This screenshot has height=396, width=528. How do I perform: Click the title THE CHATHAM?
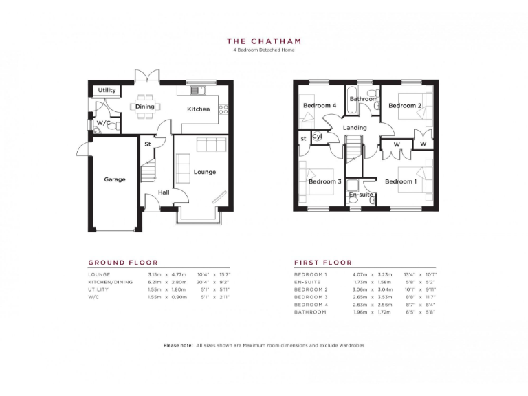click(x=264, y=41)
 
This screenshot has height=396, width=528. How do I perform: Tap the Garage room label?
click(x=115, y=179)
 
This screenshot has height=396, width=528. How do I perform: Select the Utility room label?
click(x=107, y=90)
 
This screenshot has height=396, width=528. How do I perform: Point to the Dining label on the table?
click(x=144, y=107)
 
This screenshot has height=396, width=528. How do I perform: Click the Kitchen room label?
click(x=199, y=109)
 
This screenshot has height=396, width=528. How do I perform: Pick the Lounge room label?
click(x=204, y=172)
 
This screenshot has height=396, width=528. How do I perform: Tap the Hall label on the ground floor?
click(x=164, y=192)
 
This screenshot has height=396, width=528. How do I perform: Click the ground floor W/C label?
click(x=104, y=123)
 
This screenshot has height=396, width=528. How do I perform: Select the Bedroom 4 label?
click(x=320, y=105)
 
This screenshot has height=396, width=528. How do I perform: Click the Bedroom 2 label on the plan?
click(x=404, y=105)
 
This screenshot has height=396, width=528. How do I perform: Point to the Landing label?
click(x=355, y=128)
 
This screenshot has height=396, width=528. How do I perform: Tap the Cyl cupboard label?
click(x=317, y=137)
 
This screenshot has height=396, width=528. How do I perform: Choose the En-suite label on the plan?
click(x=361, y=195)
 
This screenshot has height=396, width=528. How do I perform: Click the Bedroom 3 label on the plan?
click(x=324, y=181)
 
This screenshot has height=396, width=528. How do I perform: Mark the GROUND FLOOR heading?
click(x=123, y=263)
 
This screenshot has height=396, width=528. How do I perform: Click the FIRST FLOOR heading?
click(x=323, y=263)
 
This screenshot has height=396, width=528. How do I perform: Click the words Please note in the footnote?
click(x=178, y=344)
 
